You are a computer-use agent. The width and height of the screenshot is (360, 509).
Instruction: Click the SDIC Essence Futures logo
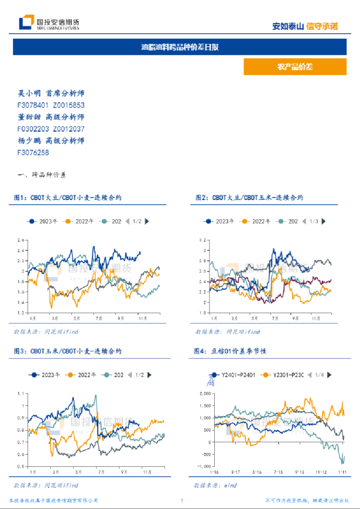tap(49, 23)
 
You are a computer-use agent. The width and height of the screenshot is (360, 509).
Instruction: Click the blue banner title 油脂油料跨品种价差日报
tap(180, 47)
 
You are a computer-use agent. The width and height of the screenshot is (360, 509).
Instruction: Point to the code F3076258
tap(33, 152)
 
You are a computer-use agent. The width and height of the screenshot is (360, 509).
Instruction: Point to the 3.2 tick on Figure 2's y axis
tap(203, 240)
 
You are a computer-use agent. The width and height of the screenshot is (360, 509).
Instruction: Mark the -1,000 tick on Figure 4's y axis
tap(203, 467)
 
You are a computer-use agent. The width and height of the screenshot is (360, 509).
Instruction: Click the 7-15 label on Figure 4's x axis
tap(277, 472)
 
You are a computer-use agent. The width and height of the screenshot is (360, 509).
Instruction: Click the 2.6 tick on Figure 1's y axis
tap(20, 240)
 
